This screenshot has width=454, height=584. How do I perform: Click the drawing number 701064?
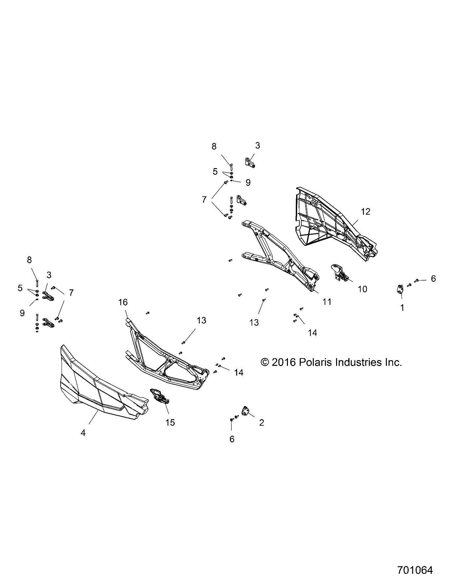click(x=415, y=570)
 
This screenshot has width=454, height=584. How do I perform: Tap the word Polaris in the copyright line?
click(x=313, y=362)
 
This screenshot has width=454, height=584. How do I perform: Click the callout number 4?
click(x=83, y=433)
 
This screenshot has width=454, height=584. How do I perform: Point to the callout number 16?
click(x=123, y=302)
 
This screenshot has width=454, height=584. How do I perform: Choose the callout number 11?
click(x=327, y=302)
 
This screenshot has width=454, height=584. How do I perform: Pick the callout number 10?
click(x=362, y=289)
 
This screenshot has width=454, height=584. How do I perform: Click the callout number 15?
click(x=170, y=423)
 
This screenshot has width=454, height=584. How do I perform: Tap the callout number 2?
click(x=261, y=423)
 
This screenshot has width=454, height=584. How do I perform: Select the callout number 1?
click(x=402, y=307)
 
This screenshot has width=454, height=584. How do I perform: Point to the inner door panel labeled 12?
click(x=331, y=226)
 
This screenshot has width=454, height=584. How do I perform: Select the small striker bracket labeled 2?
click(x=246, y=411)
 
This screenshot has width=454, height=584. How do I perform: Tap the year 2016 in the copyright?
click(x=284, y=362)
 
